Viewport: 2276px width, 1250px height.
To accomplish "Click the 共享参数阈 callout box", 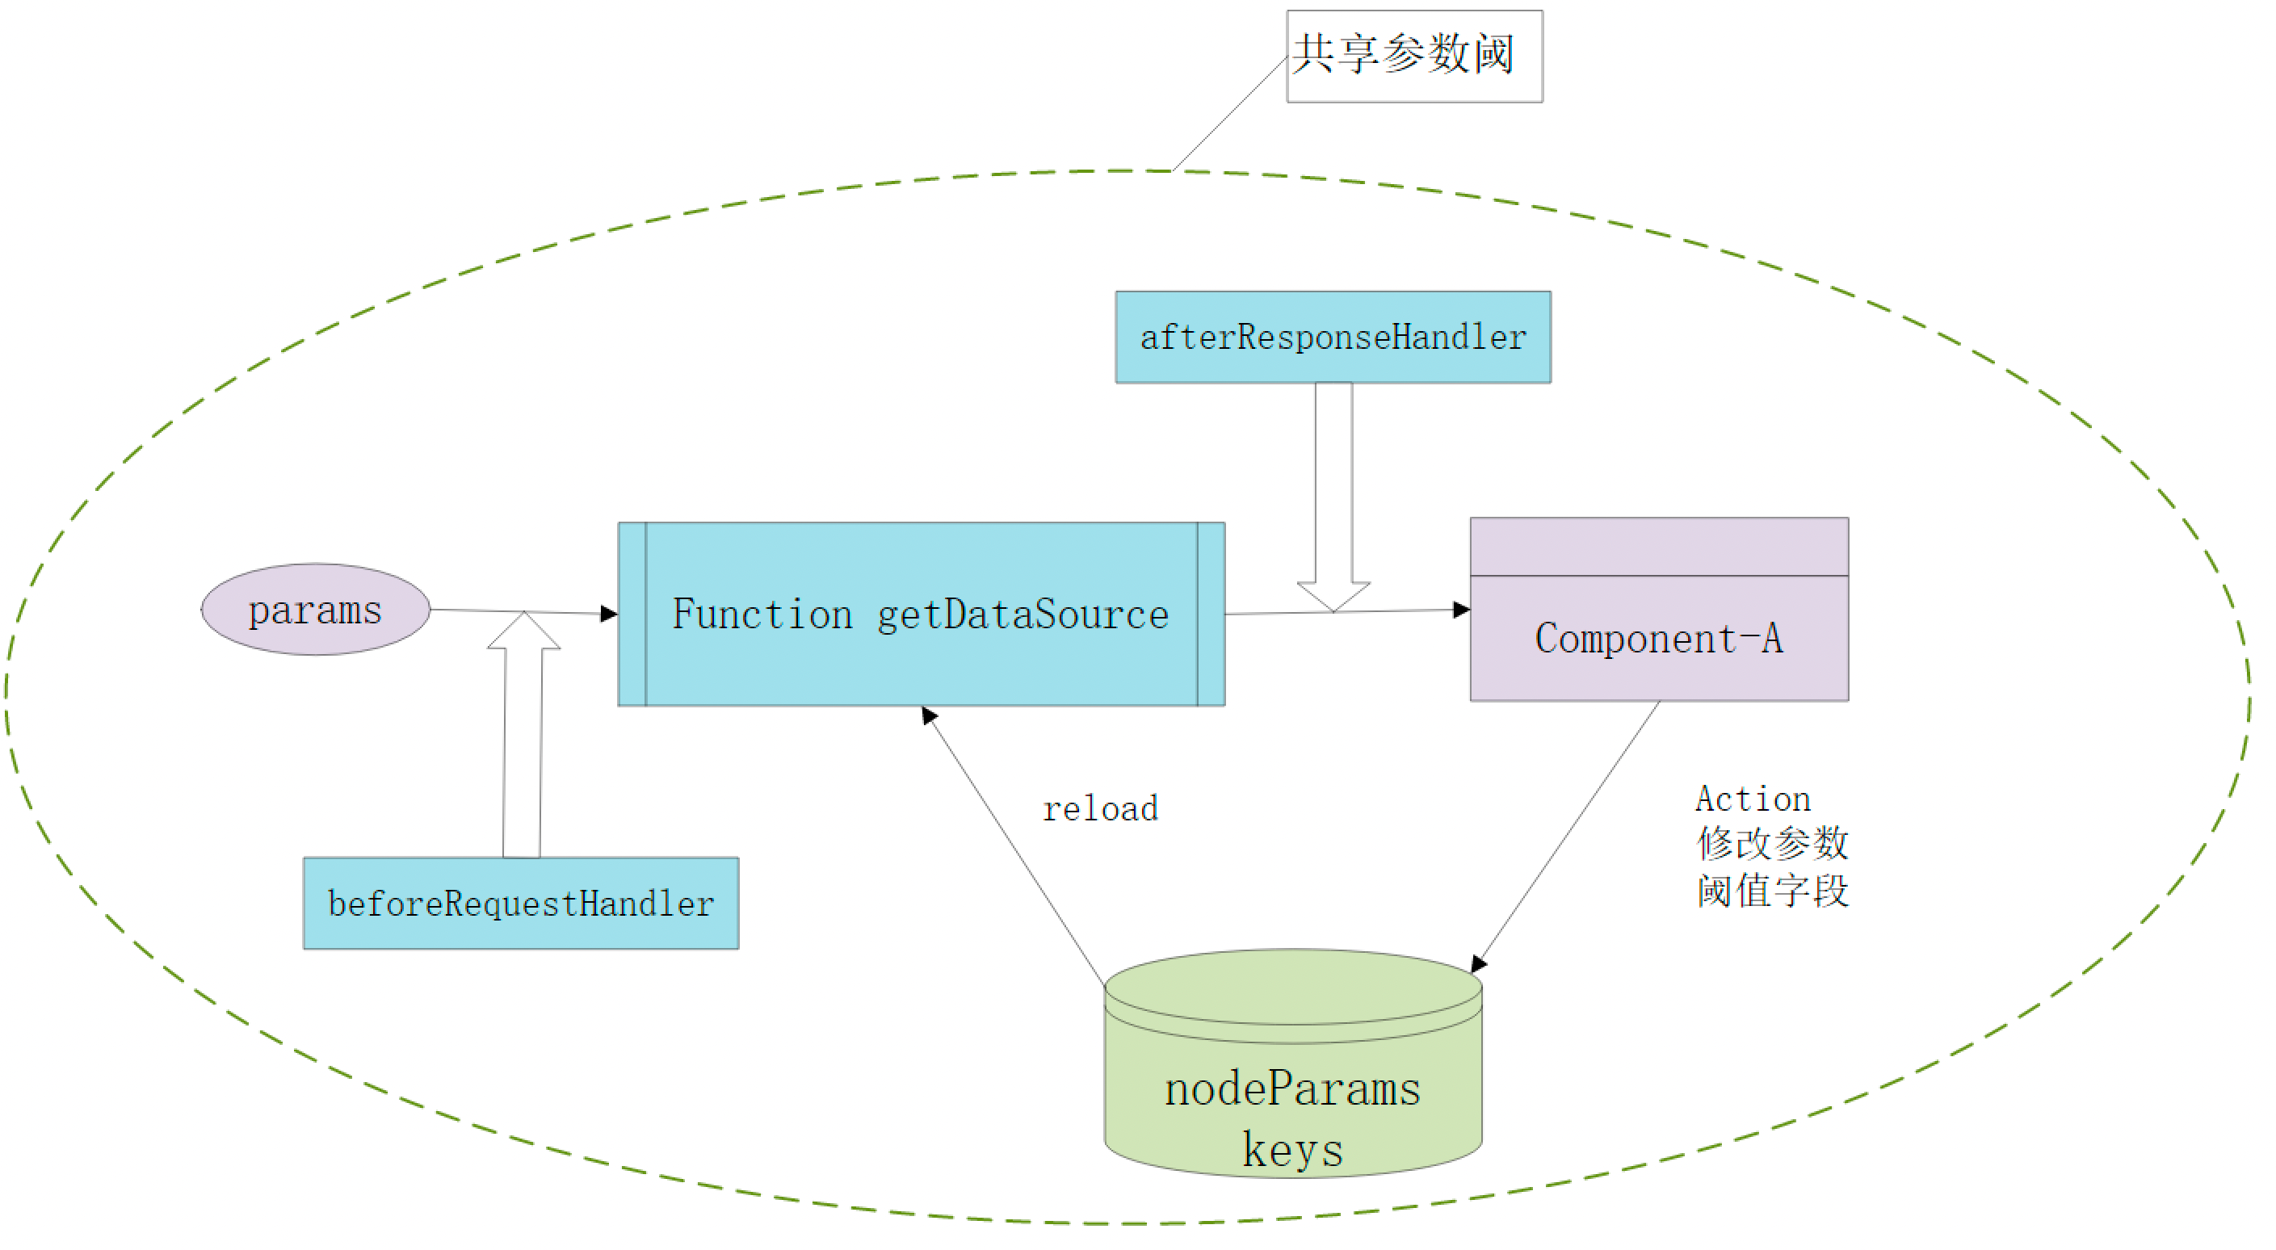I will (x=1413, y=56).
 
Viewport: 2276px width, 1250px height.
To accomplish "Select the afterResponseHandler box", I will (x=1333, y=338).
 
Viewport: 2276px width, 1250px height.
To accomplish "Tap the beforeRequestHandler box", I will (x=520, y=903).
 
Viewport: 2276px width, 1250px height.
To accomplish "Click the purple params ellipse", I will (x=316, y=610).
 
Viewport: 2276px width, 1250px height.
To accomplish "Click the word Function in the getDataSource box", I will (x=762, y=614).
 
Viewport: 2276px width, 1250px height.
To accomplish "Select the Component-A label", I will (x=1658, y=639).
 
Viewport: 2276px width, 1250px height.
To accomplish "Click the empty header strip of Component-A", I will (x=1658, y=547).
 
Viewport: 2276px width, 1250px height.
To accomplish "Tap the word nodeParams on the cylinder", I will (x=1291, y=1089).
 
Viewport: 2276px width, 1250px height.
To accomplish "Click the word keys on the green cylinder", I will (x=1291, y=1149).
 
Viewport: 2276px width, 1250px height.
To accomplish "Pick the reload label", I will (x=1100, y=808).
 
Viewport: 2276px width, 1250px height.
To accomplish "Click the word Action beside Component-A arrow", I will (x=1753, y=799).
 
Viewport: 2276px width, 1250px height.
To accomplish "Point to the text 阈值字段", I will (x=1771, y=891).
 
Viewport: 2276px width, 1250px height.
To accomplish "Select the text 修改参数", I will (x=1771, y=844).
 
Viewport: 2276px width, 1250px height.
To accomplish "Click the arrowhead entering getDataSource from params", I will (x=609, y=613).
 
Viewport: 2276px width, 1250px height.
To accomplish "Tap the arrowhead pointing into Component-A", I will (x=1461, y=610).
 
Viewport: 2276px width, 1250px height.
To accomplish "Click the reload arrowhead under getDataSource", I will (x=929, y=715).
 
